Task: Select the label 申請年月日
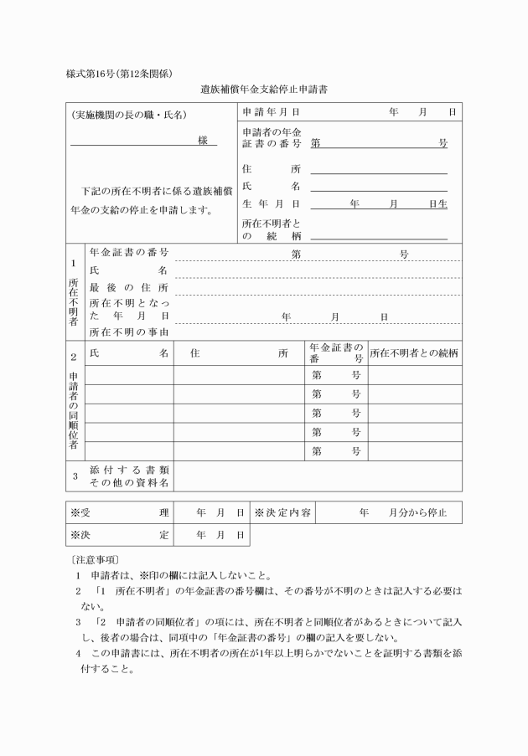point(271,111)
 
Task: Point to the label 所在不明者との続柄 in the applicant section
point(271,230)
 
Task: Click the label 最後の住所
point(129,287)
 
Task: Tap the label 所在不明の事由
point(129,332)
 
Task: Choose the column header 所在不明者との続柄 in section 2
point(414,352)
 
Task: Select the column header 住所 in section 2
point(239,352)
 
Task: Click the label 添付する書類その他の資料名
point(129,476)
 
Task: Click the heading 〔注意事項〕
point(94,558)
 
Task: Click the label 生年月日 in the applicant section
point(271,203)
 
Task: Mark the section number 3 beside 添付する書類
point(75,476)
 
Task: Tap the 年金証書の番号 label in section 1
point(129,253)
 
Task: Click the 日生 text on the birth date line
point(437,203)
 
